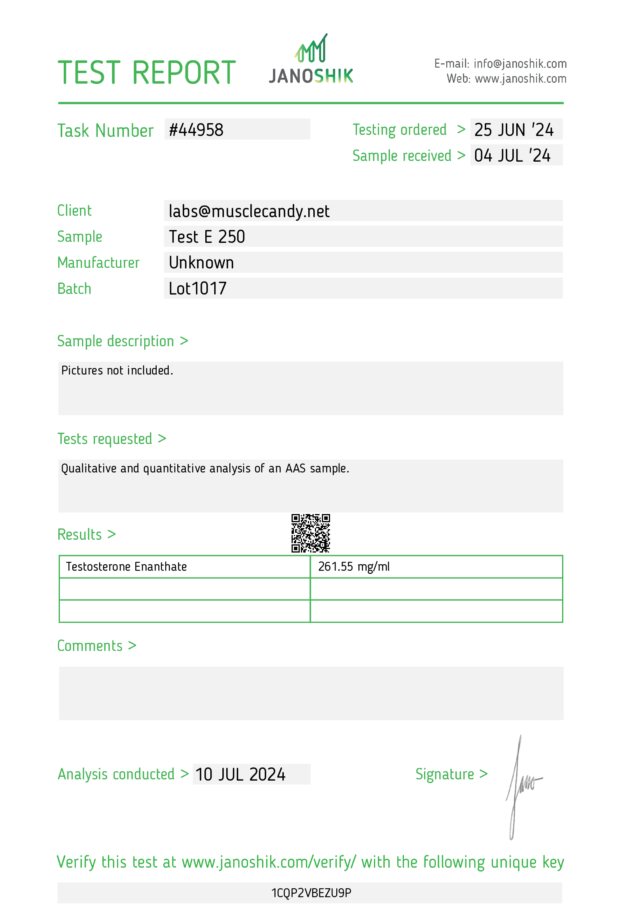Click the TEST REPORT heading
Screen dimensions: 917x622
[x=147, y=73]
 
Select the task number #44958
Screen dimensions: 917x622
[x=196, y=130]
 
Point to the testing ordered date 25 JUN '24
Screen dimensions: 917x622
[x=514, y=130]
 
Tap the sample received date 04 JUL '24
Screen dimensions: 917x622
[x=512, y=155]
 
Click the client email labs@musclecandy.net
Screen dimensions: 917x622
[x=249, y=211]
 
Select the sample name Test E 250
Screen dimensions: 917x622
[x=207, y=237]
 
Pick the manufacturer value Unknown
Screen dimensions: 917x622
[x=201, y=263]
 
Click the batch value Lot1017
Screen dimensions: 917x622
[x=197, y=288]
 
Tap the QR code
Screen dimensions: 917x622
[x=311, y=533]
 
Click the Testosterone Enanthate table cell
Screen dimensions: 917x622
[x=126, y=567]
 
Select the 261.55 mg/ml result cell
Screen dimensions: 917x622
[x=354, y=567]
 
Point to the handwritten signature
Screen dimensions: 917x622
[x=521, y=785]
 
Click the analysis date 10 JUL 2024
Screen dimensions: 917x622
[x=240, y=774]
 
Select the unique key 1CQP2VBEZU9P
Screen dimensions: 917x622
[x=311, y=893]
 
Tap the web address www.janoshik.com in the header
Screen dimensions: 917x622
[x=521, y=79]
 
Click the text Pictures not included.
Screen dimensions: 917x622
[x=117, y=371]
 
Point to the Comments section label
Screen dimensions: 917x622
[x=90, y=646]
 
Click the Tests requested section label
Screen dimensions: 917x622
[x=105, y=439]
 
